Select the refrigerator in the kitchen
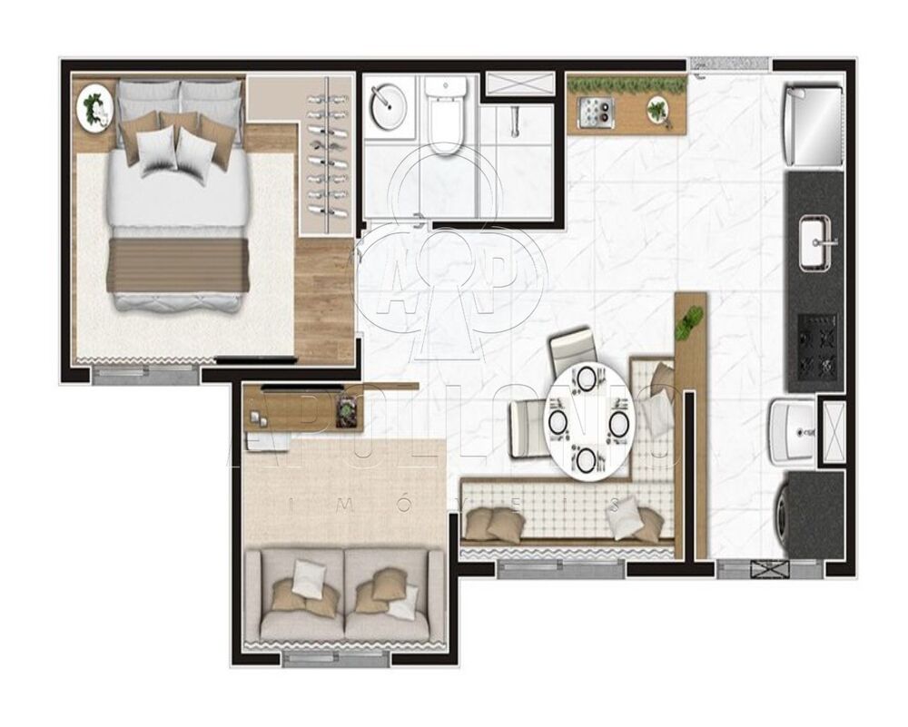[814, 125]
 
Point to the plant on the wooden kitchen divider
[691, 319]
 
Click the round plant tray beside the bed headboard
[94, 108]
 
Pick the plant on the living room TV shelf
[347, 411]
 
